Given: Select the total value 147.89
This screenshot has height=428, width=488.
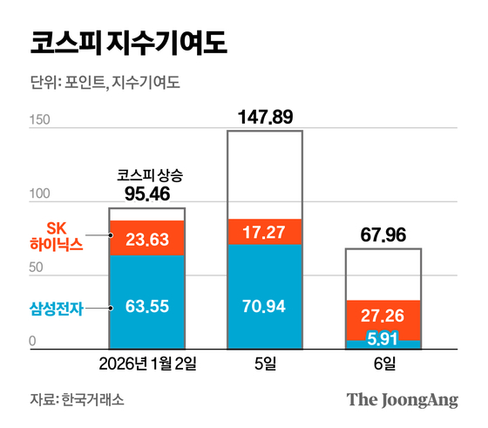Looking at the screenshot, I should click(x=266, y=117).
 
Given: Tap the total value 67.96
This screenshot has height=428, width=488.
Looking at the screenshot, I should click(x=383, y=235).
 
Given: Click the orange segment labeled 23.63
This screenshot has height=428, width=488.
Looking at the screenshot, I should click(x=146, y=238).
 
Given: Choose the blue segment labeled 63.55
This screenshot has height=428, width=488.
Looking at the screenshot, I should click(x=146, y=306).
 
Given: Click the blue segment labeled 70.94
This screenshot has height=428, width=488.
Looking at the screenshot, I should click(x=264, y=306).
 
